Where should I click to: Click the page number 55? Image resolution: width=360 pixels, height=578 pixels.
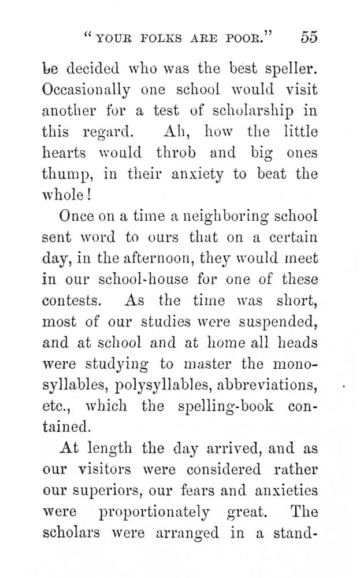click(309, 38)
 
